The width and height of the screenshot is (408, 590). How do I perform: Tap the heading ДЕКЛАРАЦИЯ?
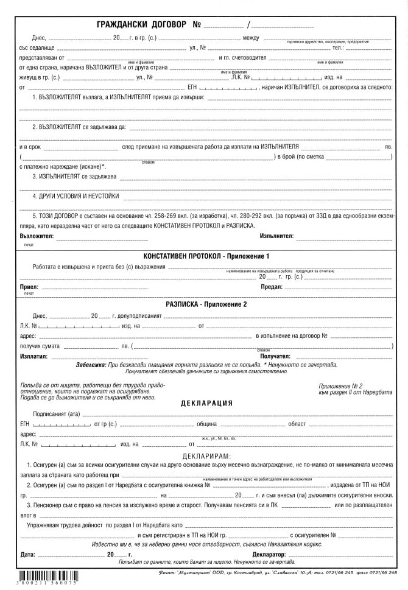pos(206,403)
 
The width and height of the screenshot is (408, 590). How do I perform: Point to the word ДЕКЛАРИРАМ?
pos(206,456)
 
